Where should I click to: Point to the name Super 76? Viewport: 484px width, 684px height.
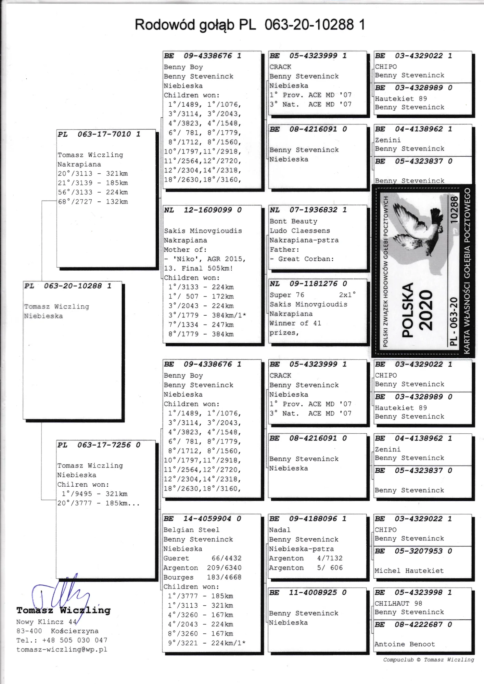coord(287,295)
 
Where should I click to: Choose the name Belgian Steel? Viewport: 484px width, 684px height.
coord(191,530)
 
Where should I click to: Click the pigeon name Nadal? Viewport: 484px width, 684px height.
coord(280,530)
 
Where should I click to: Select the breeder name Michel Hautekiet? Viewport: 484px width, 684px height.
coord(409,570)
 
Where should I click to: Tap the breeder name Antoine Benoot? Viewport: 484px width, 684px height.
coord(405,644)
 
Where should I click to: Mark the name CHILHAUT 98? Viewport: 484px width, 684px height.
coord(398,603)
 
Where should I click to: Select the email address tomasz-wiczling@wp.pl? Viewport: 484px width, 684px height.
coord(62,649)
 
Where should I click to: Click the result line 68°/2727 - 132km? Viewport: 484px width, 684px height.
coord(93,202)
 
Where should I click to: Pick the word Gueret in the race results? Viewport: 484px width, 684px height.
coord(176,558)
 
